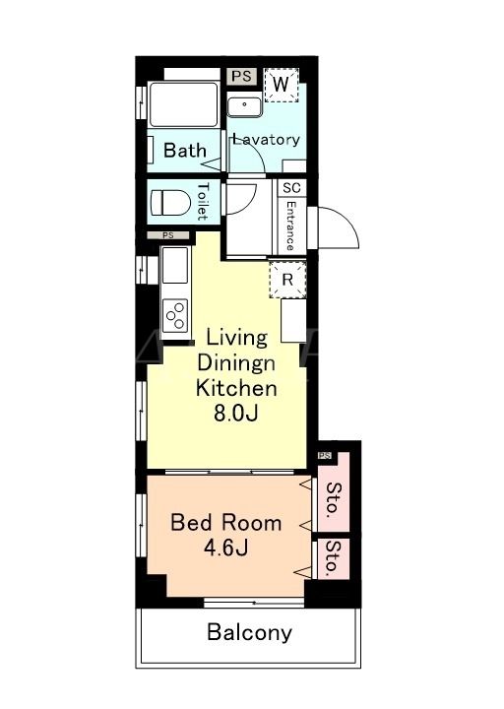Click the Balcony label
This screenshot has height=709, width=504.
point(249,632)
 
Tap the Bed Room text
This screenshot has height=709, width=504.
point(226,523)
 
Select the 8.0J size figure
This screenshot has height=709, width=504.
point(235,414)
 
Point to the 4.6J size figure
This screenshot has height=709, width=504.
point(225,548)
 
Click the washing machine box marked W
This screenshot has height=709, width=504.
point(282,85)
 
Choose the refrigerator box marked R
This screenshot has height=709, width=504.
point(287,280)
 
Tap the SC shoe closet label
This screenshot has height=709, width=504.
point(291,187)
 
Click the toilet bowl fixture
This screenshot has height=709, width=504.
point(169,202)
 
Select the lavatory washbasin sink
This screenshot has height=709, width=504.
point(244,105)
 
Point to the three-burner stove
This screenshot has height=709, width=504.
point(175,315)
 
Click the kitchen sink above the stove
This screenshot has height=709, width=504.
point(175,266)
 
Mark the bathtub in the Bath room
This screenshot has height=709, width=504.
point(183,104)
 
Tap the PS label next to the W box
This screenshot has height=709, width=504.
point(241,76)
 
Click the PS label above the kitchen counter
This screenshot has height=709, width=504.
point(167,235)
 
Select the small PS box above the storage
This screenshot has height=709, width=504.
point(325,455)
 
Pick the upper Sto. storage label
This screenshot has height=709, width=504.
point(334,499)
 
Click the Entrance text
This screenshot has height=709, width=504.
point(290,226)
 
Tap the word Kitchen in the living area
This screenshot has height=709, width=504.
point(236,388)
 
